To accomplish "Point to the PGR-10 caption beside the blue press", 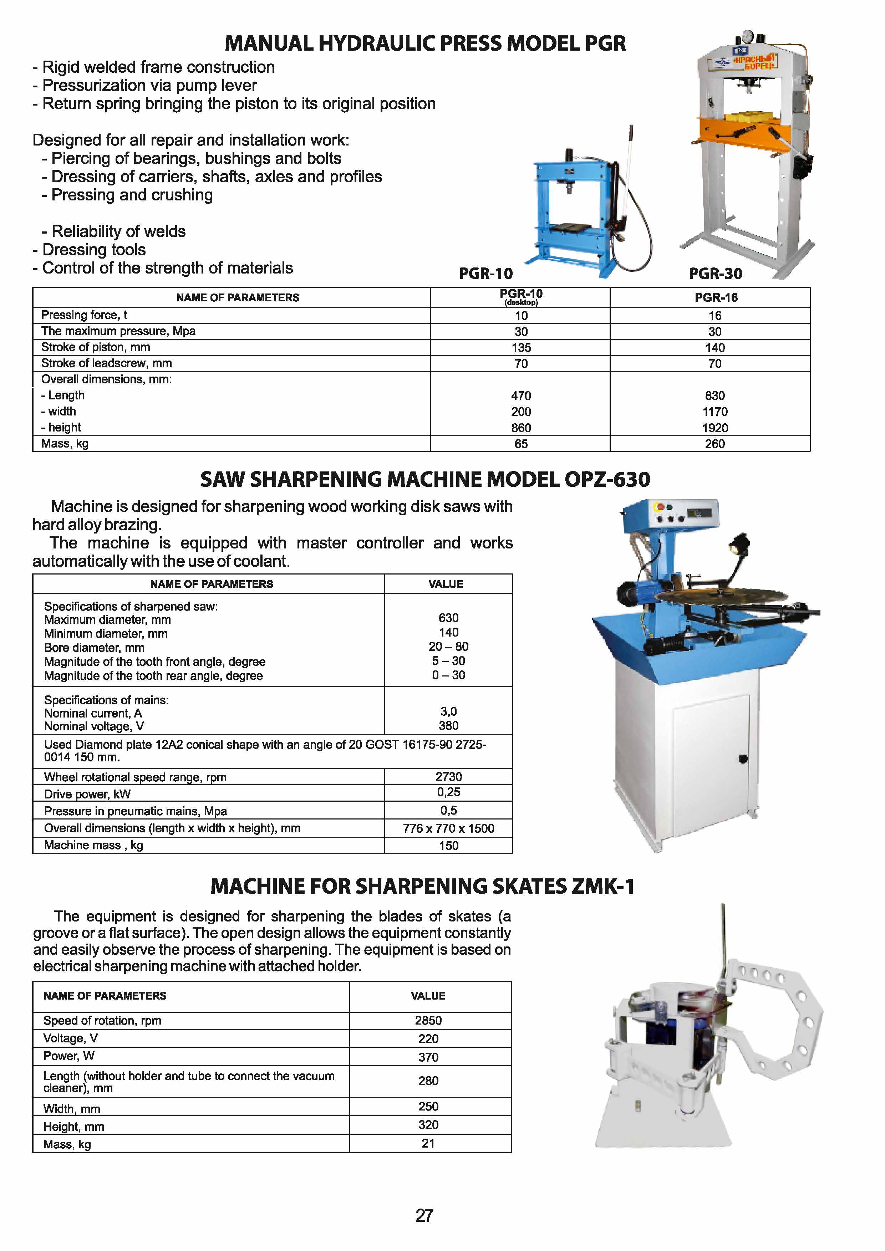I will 485,274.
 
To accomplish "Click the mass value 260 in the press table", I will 714,444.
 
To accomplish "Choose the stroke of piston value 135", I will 521,348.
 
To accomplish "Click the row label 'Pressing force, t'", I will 85,315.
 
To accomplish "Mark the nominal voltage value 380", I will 448,725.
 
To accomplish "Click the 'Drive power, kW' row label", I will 87,794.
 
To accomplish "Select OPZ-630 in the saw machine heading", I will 607,480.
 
